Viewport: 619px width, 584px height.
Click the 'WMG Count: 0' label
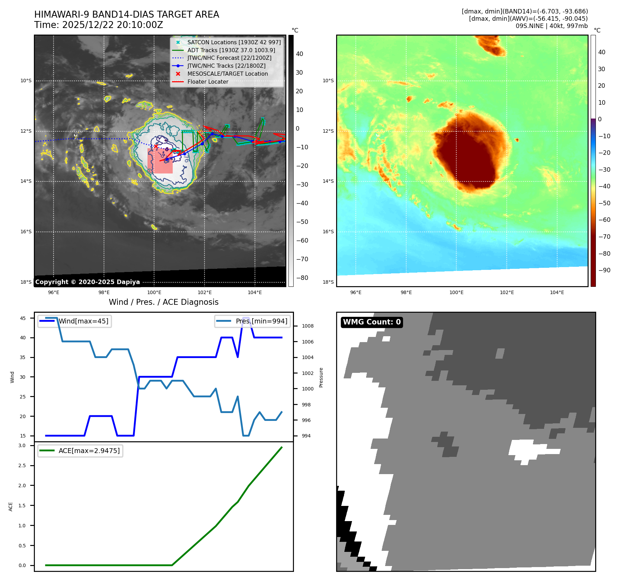point(372,322)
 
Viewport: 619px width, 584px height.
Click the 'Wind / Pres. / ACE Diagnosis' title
point(163,302)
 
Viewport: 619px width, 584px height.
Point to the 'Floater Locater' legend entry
point(208,82)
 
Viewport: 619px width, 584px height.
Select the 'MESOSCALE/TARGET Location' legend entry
point(227,74)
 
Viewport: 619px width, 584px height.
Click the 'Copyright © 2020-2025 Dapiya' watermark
point(87,282)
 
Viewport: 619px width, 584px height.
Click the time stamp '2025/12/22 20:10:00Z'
point(112,25)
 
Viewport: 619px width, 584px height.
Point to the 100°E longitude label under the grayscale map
point(154,292)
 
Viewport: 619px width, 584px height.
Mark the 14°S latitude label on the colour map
point(328,181)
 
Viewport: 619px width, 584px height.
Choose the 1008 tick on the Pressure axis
point(307,326)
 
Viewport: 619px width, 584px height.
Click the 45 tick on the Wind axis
point(23,318)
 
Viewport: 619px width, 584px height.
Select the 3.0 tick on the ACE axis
point(22,445)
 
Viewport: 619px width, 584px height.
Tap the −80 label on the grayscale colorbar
point(302,278)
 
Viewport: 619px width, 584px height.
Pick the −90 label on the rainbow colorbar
point(604,270)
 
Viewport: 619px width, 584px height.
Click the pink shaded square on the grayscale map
point(160,161)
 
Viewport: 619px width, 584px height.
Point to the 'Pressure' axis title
point(321,377)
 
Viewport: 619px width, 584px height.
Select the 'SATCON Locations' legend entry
point(234,42)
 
